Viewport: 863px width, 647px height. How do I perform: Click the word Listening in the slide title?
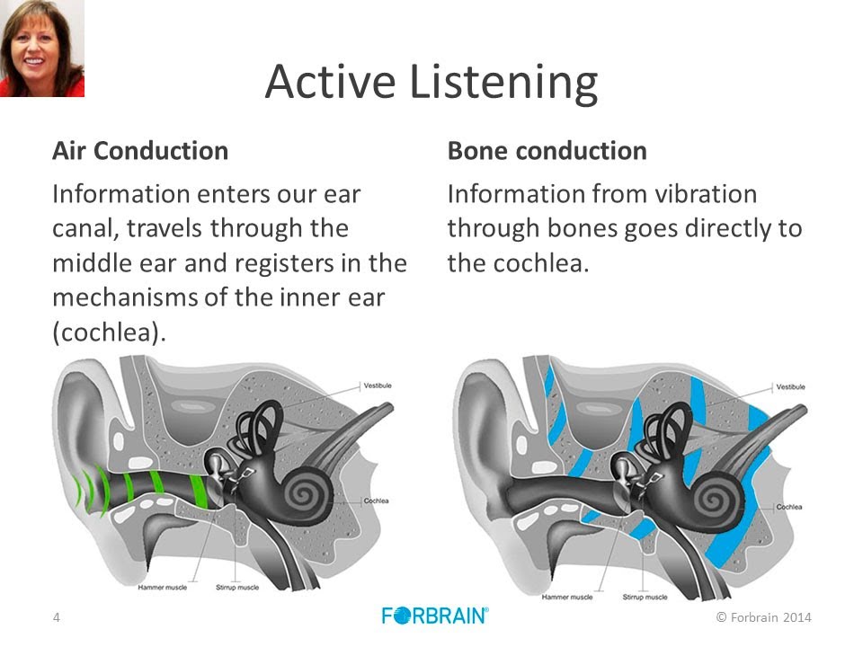[503, 83]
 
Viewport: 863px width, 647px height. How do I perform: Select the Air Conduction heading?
[140, 150]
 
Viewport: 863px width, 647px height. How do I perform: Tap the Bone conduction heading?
[547, 150]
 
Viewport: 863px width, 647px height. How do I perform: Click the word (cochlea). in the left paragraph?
[110, 332]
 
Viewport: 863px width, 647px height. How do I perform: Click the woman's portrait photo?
[42, 48]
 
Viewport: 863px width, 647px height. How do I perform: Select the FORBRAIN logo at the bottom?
[435, 616]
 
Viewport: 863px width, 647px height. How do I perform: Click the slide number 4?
[56, 616]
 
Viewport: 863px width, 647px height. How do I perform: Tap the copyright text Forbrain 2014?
[763, 616]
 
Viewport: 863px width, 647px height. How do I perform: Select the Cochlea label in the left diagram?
[376, 501]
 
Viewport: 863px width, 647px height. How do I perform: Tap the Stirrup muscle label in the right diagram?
[645, 597]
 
